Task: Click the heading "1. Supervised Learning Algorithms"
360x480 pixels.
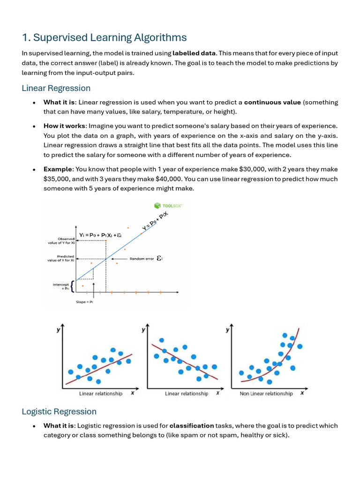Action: [104, 37]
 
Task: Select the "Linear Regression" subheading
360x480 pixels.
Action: [56, 88]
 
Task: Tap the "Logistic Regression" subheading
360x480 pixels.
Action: [59, 412]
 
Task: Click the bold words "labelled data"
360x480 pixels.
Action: [194, 53]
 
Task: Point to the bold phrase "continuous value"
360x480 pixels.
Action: [272, 102]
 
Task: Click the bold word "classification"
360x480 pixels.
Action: [191, 426]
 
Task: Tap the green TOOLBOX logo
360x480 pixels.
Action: [168, 205]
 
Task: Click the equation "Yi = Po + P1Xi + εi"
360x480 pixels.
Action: [100, 235]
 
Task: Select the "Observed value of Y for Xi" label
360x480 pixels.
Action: [61, 240]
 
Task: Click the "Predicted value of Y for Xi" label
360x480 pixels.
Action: [61, 258]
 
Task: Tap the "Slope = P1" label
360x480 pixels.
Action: [84, 302]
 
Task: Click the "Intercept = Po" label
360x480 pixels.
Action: [61, 286]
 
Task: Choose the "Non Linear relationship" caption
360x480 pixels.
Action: [266, 394]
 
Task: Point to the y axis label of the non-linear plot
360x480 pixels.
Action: [227, 330]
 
